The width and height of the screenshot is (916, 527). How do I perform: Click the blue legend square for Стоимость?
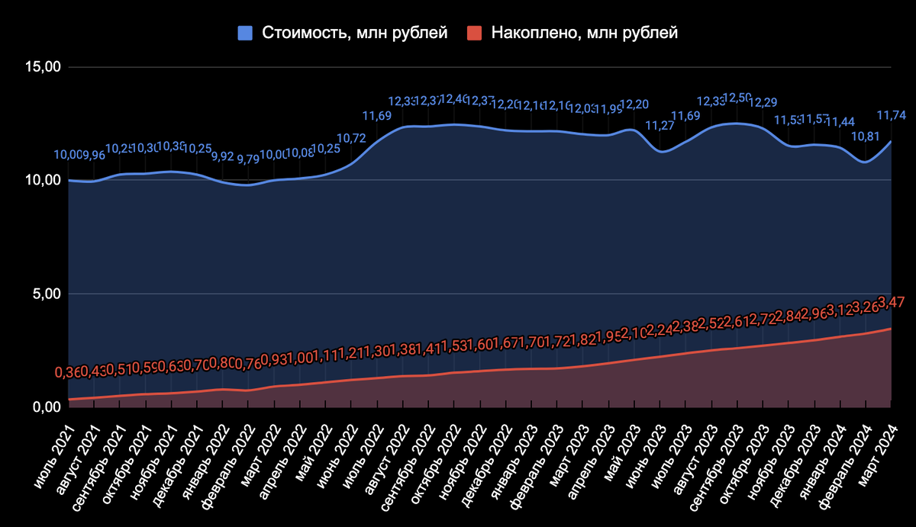pos(245,33)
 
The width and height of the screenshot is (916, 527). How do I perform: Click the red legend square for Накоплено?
pos(475,33)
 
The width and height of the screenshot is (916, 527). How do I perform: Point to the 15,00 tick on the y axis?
pos(43,67)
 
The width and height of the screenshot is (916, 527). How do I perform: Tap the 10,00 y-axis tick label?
pos(43,180)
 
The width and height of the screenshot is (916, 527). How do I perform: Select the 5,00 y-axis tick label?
pos(46,294)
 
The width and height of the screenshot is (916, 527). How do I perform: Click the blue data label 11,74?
pos(891,115)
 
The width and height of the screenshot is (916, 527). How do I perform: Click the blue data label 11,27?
pos(661,127)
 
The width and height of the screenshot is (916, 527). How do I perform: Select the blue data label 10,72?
pos(351,139)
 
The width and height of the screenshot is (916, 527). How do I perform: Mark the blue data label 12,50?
pos(735,98)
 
